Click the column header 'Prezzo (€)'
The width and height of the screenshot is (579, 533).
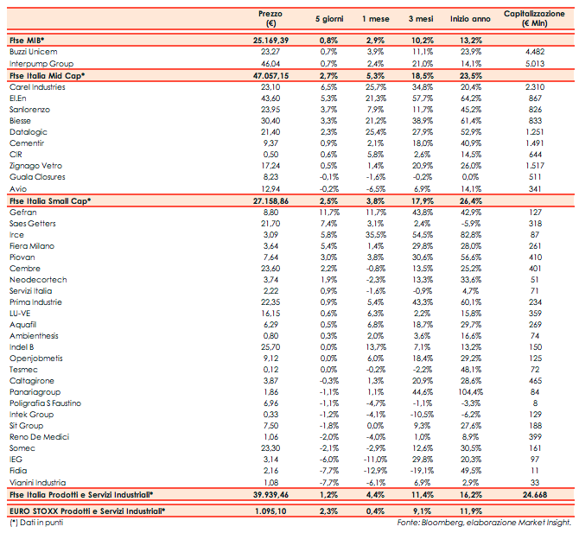(x=270, y=19)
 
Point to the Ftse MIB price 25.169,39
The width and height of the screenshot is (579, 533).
(x=270, y=41)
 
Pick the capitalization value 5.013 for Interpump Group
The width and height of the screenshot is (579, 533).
(x=537, y=64)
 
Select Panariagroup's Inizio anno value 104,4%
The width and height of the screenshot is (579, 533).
(x=468, y=391)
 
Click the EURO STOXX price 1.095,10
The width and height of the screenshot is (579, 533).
(x=271, y=511)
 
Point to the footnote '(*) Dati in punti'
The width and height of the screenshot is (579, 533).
(x=34, y=523)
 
